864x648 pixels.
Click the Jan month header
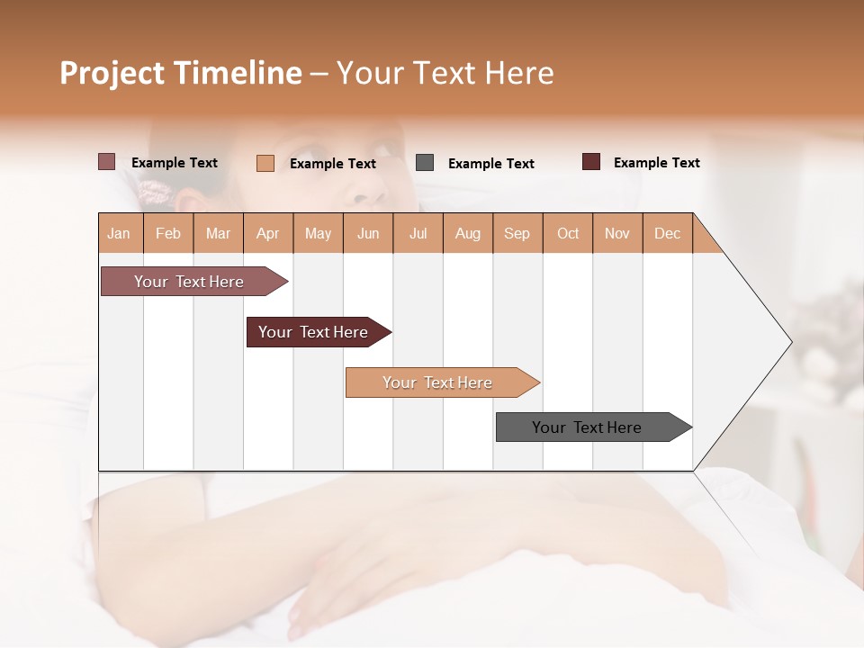pos(119,233)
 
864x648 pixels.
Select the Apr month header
pos(267,233)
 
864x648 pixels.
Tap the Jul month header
pos(418,233)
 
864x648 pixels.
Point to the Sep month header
pos(517,233)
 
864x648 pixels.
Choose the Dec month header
pos(667,233)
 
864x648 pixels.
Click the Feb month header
pos(168,233)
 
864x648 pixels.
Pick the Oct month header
pos(568,233)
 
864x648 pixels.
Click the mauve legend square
pos(107,162)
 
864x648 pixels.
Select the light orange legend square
pos(265,163)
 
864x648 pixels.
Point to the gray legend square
pos(425,163)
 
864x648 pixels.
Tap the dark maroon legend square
pos(591,162)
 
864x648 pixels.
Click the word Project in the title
pos(112,73)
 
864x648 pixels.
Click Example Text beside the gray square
pos(490,164)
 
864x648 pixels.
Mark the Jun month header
pos(368,233)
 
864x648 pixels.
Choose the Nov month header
pos(617,233)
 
